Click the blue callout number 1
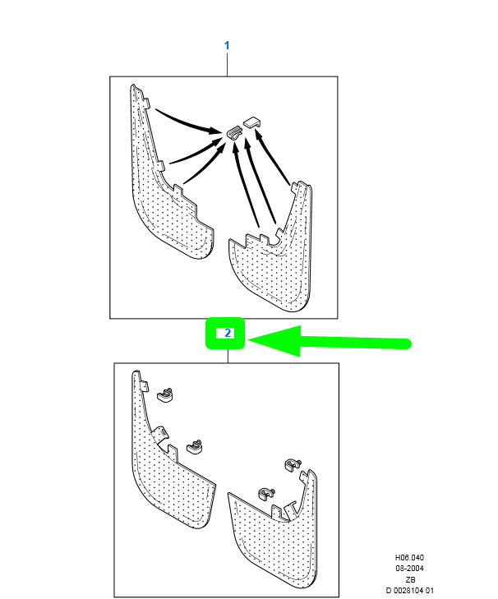point(227,45)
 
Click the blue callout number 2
point(228,333)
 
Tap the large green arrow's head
point(274,341)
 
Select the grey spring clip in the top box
point(234,133)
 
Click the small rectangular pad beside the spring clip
point(251,122)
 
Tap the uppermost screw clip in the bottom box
point(165,394)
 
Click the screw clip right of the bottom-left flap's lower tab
point(195,446)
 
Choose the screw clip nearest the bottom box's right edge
point(293,465)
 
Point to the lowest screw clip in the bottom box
point(266,493)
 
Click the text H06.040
point(409,558)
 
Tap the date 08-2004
point(409,569)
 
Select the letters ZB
point(410,579)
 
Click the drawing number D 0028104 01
point(410,591)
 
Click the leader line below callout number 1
point(227,65)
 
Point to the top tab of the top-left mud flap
point(146,103)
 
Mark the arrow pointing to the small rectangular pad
point(272,158)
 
